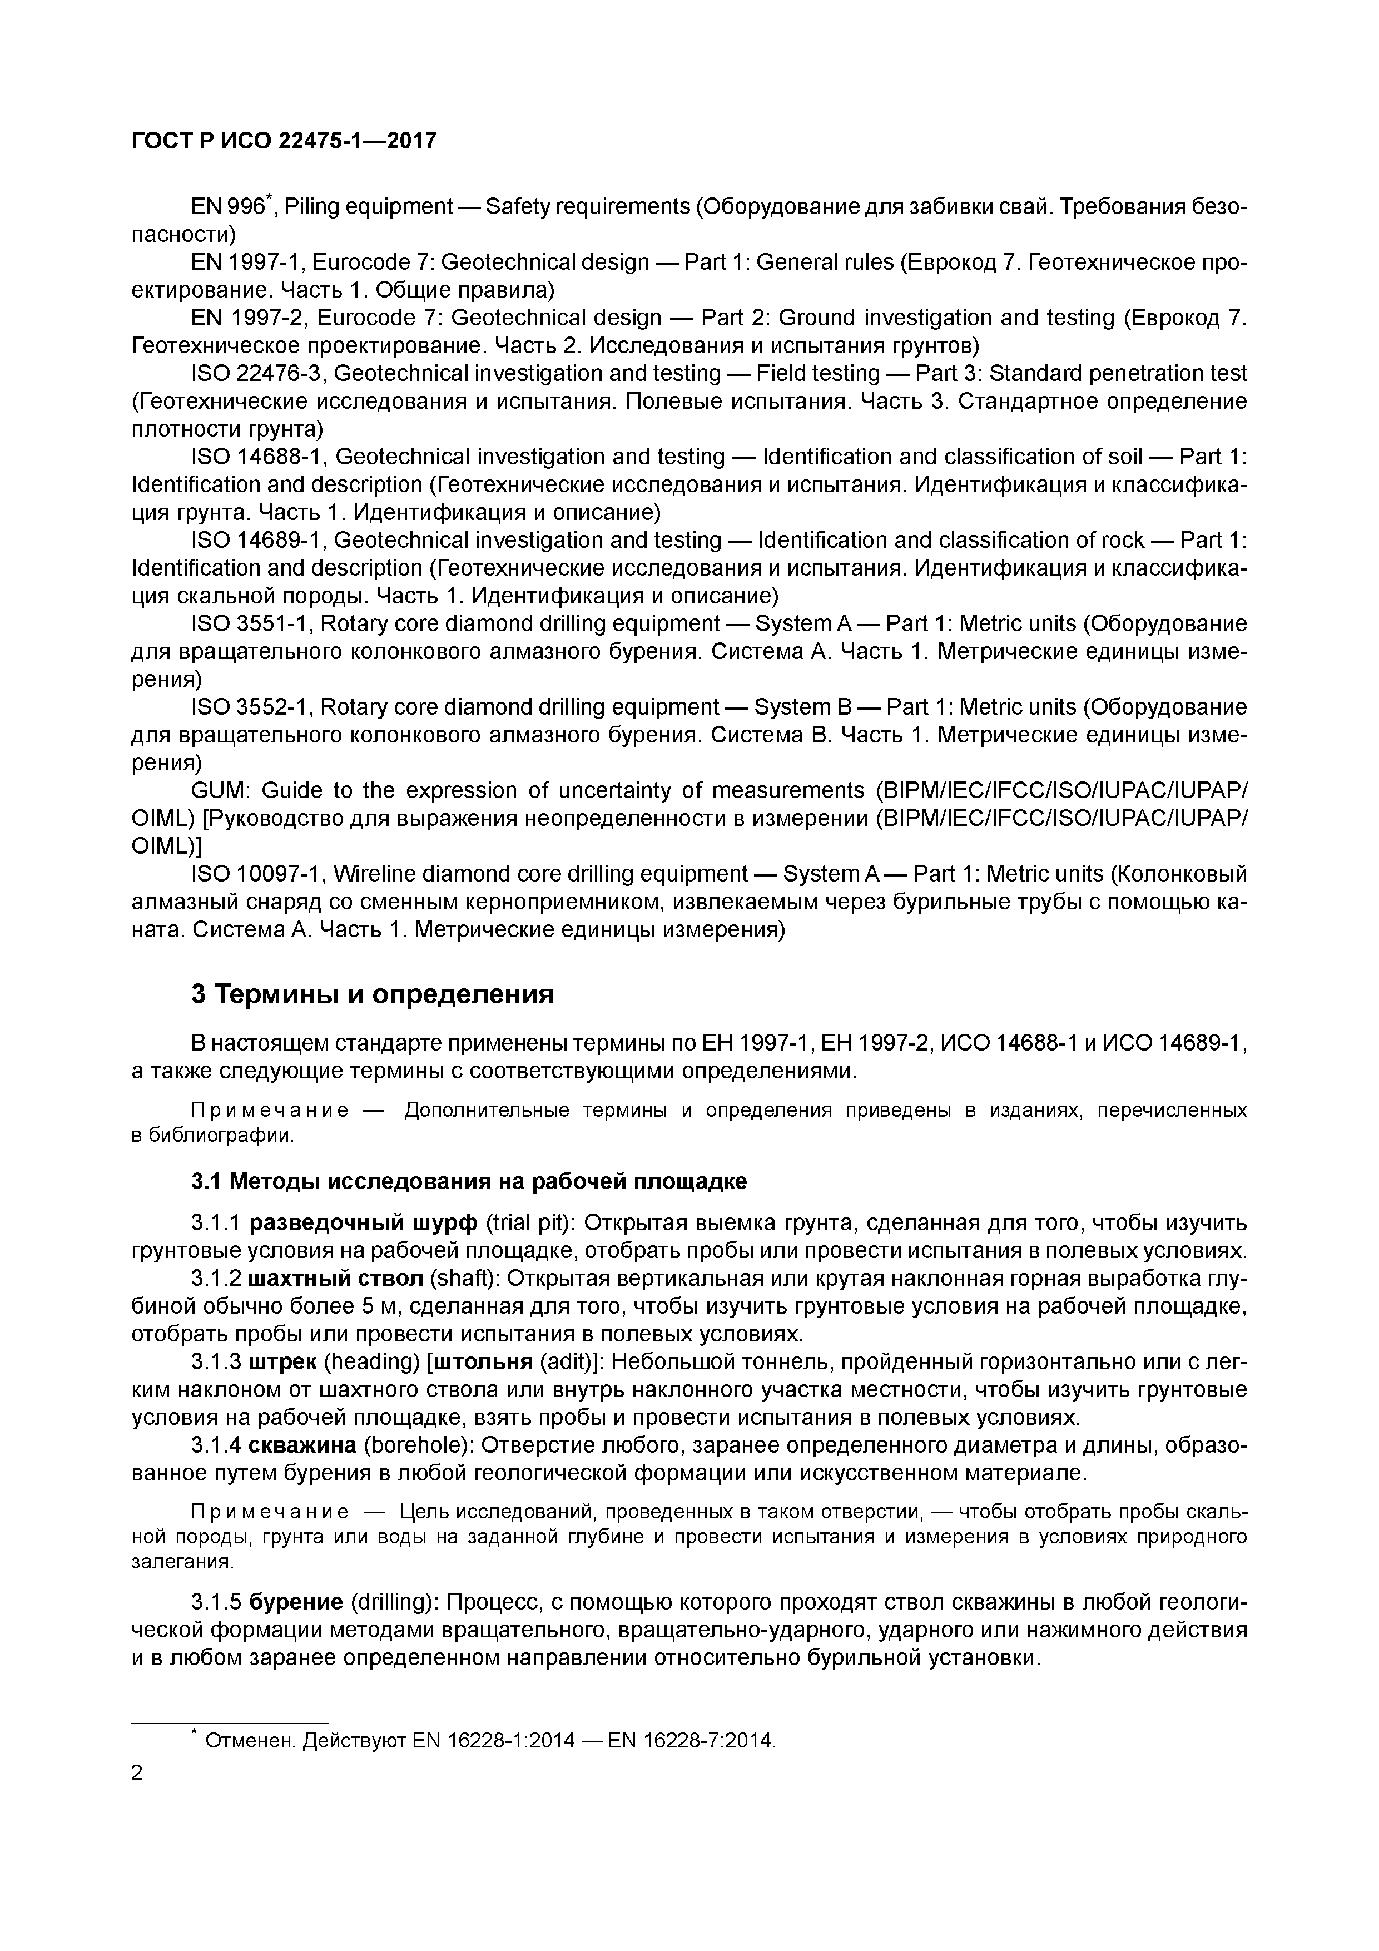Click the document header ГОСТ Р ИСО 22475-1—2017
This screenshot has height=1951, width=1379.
pyautogui.click(x=284, y=140)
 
